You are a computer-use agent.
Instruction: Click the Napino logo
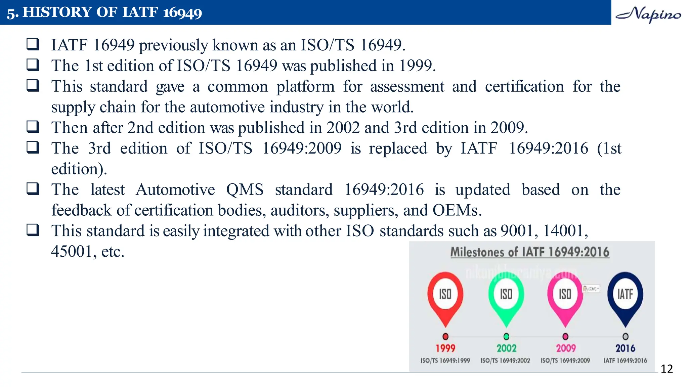click(x=648, y=14)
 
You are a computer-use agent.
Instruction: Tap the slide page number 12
click(x=666, y=369)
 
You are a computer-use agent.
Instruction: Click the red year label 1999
click(x=445, y=348)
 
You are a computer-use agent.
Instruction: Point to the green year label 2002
click(x=506, y=348)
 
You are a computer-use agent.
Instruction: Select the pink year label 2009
click(x=566, y=348)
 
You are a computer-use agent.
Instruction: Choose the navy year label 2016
click(x=625, y=348)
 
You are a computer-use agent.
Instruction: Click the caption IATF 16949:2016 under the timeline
click(x=625, y=360)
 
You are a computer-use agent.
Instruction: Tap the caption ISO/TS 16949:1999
click(x=445, y=360)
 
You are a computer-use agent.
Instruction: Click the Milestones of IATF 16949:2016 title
click(x=530, y=252)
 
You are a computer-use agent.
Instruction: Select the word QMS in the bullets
click(x=245, y=190)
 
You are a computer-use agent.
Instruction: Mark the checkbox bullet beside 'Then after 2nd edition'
click(x=33, y=127)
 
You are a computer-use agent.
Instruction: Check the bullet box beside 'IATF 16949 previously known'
click(x=33, y=44)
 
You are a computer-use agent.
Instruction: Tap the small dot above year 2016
click(x=625, y=336)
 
